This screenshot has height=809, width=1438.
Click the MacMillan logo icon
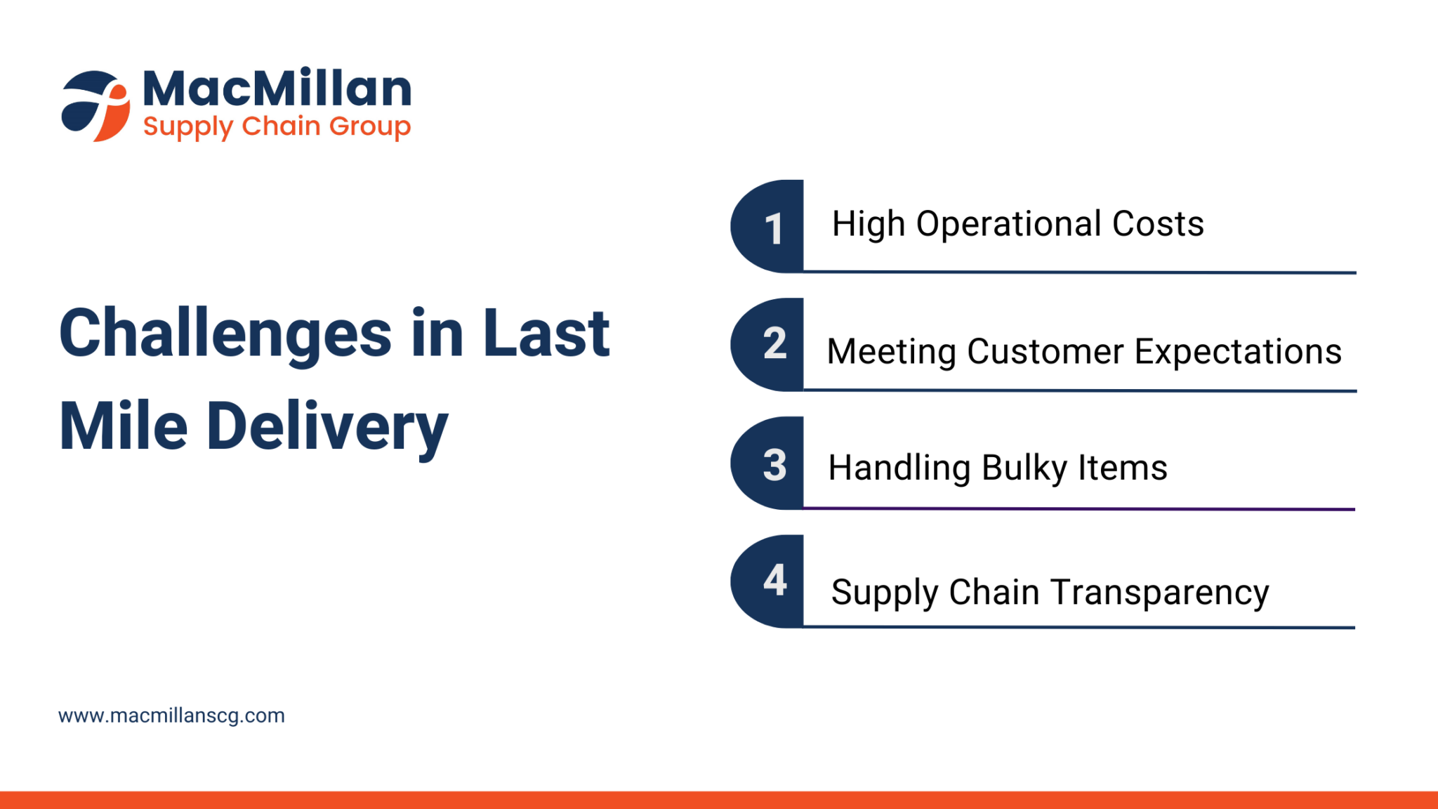click(95, 105)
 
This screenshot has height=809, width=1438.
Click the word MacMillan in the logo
click(277, 88)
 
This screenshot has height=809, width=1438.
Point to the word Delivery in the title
click(327, 426)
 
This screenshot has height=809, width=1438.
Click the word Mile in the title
click(124, 426)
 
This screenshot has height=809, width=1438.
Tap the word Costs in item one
click(1159, 225)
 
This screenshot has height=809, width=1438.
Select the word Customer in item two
click(1045, 351)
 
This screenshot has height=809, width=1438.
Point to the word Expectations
click(1238, 351)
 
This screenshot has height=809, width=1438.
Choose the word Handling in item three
click(899, 468)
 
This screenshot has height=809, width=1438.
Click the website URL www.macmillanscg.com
click(171, 716)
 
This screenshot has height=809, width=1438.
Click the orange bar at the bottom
click(719, 800)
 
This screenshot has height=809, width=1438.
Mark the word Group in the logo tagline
click(369, 127)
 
